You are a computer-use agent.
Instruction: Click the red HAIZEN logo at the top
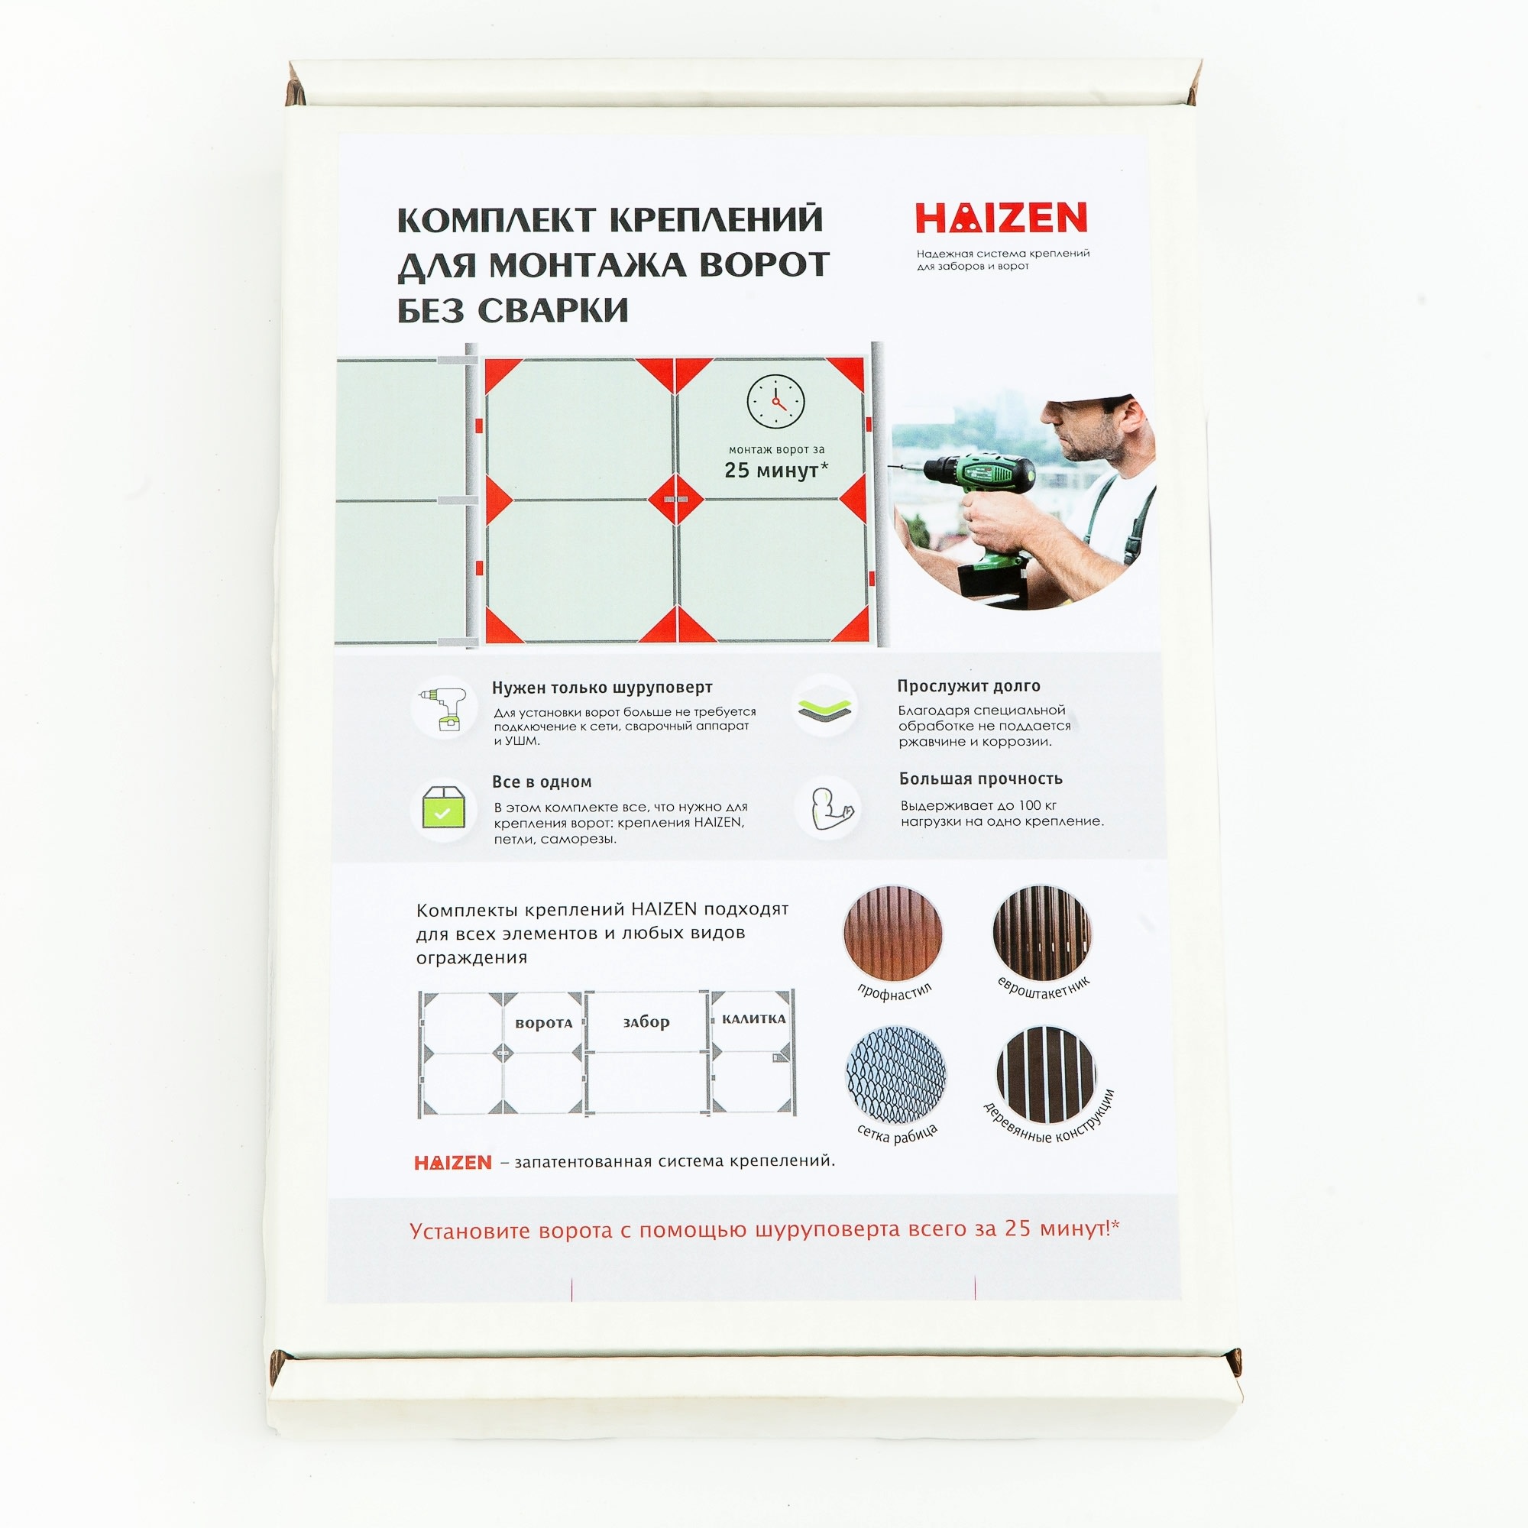tap(1002, 218)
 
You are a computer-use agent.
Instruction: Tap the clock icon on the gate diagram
tap(776, 403)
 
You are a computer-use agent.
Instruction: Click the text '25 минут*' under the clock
tap(776, 471)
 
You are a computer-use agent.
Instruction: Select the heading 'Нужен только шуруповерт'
tap(603, 688)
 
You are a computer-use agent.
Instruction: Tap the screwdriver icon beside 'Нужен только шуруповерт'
tap(444, 709)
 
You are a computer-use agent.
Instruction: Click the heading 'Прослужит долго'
tap(969, 686)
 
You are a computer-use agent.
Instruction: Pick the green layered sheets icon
tap(826, 707)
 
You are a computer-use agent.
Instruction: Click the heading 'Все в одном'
tap(542, 782)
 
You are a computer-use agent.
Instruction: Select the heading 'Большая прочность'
tap(981, 779)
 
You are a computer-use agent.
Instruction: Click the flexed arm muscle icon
tap(827, 807)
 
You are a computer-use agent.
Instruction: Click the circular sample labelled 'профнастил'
tap(893, 934)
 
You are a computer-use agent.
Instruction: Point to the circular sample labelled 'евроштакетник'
tap(1042, 934)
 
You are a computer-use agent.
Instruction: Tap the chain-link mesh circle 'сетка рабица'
tap(896, 1075)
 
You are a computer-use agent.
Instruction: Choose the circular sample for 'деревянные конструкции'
tap(1046, 1075)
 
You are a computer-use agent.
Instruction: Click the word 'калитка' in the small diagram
tap(754, 1018)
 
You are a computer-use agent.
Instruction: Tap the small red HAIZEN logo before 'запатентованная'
tap(453, 1163)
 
